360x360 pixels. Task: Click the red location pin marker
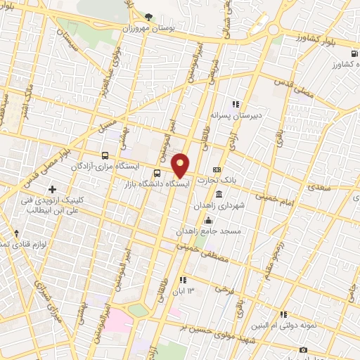(181, 165)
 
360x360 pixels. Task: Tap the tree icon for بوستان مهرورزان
(148, 16)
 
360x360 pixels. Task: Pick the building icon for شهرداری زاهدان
(220, 193)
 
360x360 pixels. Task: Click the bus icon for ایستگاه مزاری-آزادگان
(105, 155)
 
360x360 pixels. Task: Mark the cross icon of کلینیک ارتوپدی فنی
(53, 189)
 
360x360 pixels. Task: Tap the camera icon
(304, 349)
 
